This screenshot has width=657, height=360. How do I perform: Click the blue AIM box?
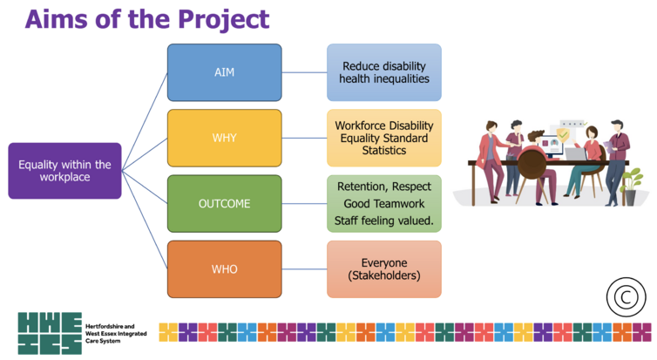point(225,72)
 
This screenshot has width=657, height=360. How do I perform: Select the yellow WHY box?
point(225,138)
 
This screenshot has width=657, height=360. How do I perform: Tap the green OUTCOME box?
point(225,204)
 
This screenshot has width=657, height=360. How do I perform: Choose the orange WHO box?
point(225,269)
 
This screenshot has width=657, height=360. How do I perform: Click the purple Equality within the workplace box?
point(65,171)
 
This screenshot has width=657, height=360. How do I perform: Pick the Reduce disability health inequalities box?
point(384,72)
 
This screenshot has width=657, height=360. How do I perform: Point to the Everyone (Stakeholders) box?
point(384,269)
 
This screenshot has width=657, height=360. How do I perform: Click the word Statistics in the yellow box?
point(384,151)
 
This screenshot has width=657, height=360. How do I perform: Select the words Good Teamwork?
point(384,204)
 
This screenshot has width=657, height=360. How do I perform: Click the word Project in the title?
point(223,19)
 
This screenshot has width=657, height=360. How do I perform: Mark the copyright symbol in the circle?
point(626,297)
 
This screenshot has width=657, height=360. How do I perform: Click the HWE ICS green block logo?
point(50,333)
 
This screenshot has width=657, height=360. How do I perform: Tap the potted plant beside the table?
point(631,187)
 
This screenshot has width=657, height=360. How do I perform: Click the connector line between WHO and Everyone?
point(305,269)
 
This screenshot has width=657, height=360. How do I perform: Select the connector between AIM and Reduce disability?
point(305,72)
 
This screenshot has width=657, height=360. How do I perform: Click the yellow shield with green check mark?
point(563,135)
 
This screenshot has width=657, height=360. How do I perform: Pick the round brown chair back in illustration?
point(532,164)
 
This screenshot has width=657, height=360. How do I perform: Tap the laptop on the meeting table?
point(575,153)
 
